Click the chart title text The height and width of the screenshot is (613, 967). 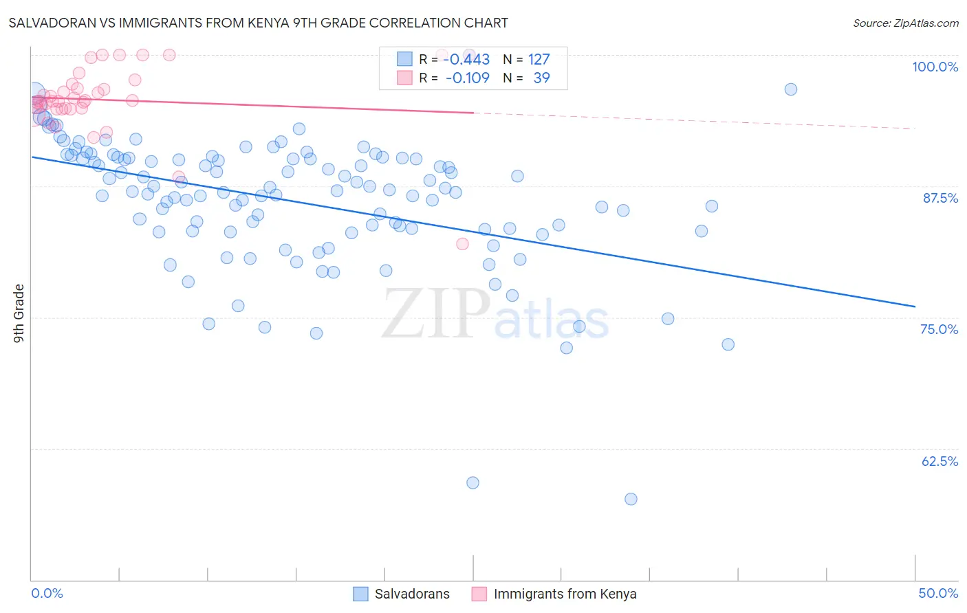pos(258,23)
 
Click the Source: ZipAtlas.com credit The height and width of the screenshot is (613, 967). pos(905,23)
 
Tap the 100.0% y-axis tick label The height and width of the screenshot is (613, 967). pos(935,67)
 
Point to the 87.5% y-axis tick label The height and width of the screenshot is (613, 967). pos(940,198)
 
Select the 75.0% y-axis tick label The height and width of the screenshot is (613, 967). pos(939,329)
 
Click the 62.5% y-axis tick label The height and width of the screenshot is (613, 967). pos(939,461)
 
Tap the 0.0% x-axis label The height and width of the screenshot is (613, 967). pos(47,593)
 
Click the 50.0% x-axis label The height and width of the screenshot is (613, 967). pos(938,593)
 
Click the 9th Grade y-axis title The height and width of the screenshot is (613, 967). pos(19,313)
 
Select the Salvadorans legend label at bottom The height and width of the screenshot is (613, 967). pos(412,594)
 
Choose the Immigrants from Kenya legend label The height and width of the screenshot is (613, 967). pos(565,594)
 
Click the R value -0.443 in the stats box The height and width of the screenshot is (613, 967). pos(467,60)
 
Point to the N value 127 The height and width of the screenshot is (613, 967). pos(539,60)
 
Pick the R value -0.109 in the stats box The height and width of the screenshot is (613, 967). pos(467,78)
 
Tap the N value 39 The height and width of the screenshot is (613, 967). pos(541,78)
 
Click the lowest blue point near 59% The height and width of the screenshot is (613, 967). pos(631,499)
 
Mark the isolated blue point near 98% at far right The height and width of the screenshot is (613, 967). pos(791,89)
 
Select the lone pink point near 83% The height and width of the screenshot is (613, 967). pos(462,244)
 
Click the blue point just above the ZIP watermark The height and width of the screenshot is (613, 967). pos(386,271)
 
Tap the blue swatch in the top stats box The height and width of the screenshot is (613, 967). pos(404,59)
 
